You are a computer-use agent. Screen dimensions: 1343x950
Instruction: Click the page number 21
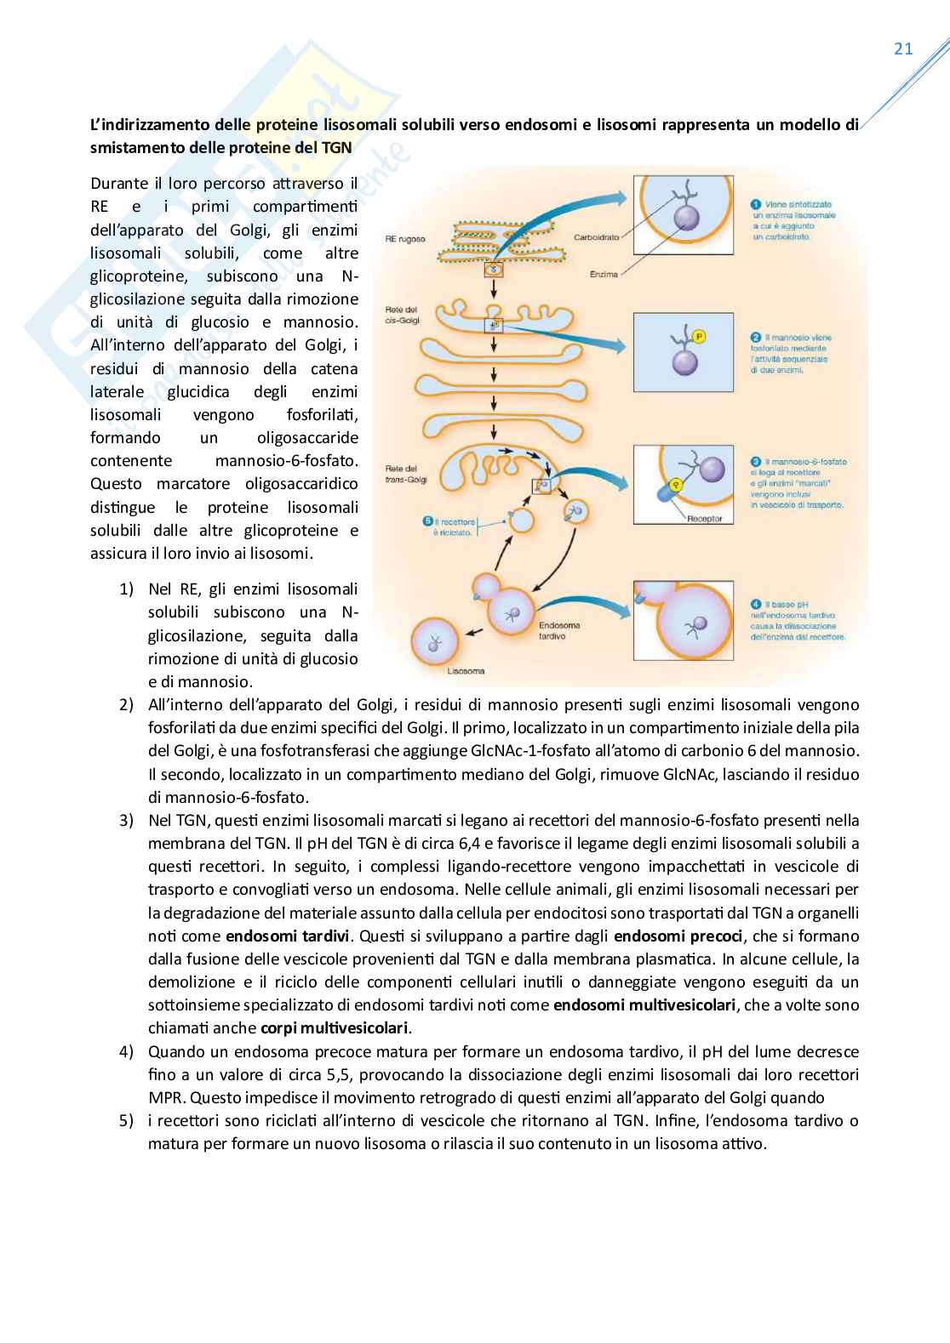903,48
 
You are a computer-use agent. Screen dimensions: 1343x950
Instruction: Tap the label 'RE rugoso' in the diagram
405,239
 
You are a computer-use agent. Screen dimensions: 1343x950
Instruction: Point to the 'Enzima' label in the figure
603,275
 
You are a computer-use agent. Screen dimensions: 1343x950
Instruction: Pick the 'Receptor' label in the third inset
704,517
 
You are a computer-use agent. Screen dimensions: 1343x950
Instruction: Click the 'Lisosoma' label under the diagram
466,671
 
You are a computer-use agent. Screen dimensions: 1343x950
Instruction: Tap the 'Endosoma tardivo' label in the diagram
559,630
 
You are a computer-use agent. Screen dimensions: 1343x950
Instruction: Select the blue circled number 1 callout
755,204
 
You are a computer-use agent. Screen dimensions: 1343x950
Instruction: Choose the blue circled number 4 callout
755,603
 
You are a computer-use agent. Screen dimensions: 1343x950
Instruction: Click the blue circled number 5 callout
427,521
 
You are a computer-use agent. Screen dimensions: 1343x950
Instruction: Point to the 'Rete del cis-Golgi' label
401,314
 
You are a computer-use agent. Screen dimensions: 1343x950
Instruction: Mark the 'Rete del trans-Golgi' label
403,474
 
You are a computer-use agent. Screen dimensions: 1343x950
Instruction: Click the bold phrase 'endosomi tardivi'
288,936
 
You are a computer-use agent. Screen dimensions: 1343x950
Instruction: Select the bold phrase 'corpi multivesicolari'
335,1027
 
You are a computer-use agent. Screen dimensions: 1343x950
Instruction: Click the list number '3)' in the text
127,821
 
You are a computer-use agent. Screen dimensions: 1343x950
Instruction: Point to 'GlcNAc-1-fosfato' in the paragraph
525,751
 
